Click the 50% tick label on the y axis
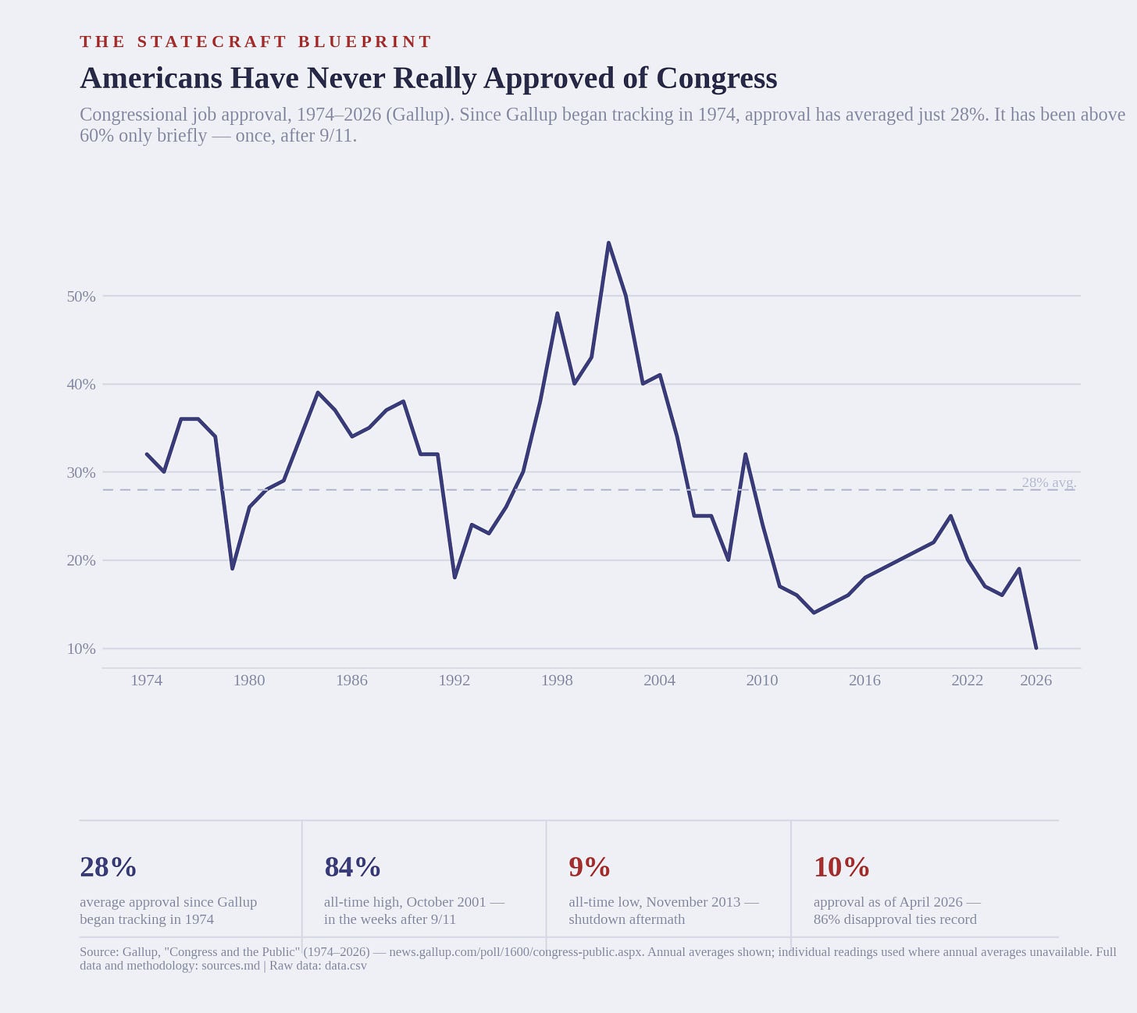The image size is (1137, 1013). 81,296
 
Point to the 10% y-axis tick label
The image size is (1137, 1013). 81,649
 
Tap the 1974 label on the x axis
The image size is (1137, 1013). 147,681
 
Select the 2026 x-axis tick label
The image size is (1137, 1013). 1036,681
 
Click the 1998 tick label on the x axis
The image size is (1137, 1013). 557,681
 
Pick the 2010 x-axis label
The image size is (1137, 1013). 762,681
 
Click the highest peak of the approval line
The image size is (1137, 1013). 608,243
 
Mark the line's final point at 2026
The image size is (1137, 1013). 1036,649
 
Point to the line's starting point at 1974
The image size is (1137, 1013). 147,454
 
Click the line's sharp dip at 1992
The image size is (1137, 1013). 454,578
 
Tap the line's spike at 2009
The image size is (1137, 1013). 745,454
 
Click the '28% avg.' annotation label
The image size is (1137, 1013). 1049,482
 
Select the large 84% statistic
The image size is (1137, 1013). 352,867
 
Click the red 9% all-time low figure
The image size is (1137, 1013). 590,867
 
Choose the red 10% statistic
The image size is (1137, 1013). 841,867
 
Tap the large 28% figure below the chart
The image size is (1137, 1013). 108,867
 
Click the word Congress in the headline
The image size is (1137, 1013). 717,79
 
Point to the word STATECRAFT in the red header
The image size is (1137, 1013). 212,42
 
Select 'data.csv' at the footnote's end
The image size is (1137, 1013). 346,966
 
